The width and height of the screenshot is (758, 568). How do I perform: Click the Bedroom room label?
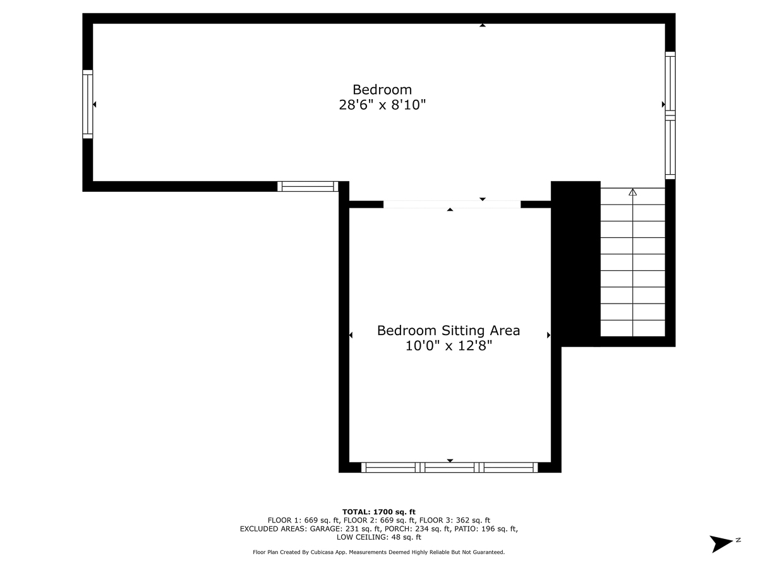coord(382,90)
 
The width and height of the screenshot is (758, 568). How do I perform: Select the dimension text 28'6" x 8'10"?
coord(382,105)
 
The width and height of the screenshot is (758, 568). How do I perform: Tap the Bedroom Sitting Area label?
coord(448,330)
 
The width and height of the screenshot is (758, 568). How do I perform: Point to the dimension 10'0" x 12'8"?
coord(448,346)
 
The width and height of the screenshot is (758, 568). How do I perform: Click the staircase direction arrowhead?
coord(632,192)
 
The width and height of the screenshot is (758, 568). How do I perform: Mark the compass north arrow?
coord(720,543)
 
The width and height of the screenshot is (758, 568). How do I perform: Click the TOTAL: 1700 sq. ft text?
coord(379,512)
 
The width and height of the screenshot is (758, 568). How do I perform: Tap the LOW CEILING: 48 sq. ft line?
coord(379,537)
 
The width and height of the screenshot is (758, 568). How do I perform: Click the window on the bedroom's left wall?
coord(88,104)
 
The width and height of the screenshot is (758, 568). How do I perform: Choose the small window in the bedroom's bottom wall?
coord(308,186)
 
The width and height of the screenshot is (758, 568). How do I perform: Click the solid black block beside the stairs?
coord(575,264)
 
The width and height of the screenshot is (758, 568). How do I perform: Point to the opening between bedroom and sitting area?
coord(452,204)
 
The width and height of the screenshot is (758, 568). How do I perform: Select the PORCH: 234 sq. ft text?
coord(417,529)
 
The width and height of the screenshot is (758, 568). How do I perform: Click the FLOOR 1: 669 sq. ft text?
coord(304,520)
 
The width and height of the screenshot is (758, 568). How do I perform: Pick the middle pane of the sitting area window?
coord(449,467)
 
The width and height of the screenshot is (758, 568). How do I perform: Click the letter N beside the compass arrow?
coord(738,540)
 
